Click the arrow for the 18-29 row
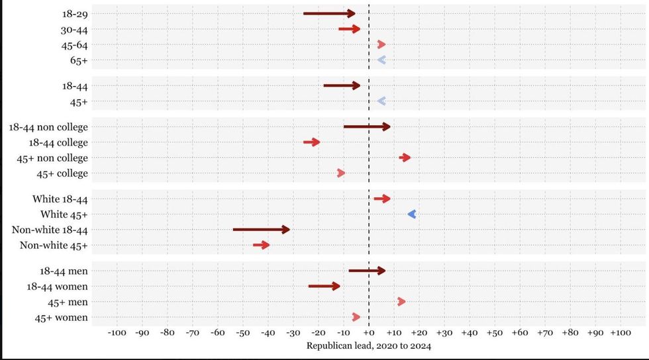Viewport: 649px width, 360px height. (x=329, y=13)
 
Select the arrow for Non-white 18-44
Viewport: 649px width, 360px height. (x=261, y=230)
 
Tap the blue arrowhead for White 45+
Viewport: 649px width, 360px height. (x=412, y=214)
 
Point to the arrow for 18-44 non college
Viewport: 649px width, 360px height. (x=367, y=126)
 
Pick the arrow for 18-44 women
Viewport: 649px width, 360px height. (x=324, y=286)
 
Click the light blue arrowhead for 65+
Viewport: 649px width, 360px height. (x=381, y=60)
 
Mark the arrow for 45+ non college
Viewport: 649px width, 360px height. (x=405, y=157)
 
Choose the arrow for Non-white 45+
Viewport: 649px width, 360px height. (x=262, y=245)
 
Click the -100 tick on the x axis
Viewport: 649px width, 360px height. (x=117, y=332)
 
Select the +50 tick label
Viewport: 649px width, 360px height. (x=495, y=332)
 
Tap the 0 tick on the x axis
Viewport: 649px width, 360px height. (x=369, y=332)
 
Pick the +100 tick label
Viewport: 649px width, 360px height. (x=620, y=332)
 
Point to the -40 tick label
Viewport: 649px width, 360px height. (x=268, y=332)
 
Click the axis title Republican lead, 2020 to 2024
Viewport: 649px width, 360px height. (x=369, y=345)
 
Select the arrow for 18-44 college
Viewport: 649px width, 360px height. (x=312, y=142)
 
